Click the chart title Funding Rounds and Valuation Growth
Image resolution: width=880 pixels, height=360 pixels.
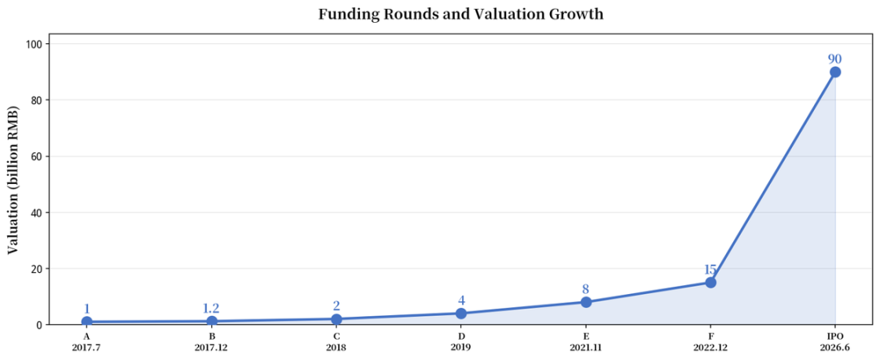click(x=460, y=14)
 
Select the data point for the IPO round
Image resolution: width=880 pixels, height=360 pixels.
click(x=835, y=72)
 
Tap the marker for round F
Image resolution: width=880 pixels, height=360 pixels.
click(x=711, y=282)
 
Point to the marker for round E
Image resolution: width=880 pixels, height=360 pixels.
click(x=586, y=301)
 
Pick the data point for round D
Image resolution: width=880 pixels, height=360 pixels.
click(x=460, y=313)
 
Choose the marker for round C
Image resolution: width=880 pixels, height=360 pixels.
click(x=337, y=319)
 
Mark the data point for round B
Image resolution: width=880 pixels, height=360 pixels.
click(x=212, y=321)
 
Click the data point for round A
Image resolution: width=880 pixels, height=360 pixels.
click(x=87, y=321)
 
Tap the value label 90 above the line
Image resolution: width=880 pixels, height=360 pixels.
click(x=835, y=59)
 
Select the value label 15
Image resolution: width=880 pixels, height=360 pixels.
click(x=711, y=269)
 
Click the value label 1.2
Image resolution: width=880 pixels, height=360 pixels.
click(x=212, y=309)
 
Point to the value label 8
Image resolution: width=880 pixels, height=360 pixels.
click(x=586, y=289)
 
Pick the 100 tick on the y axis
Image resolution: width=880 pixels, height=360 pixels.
click(x=41, y=44)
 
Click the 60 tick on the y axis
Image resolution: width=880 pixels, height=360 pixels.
click(x=43, y=156)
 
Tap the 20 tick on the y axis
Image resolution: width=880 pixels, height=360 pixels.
click(x=43, y=268)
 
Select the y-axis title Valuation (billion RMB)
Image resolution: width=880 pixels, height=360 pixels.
click(x=14, y=178)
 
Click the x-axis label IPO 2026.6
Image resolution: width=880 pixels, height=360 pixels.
click(x=835, y=341)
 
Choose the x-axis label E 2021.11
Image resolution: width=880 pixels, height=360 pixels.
click(x=586, y=341)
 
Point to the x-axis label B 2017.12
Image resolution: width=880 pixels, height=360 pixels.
click(x=212, y=341)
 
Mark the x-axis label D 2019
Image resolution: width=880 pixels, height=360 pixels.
click(x=460, y=341)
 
